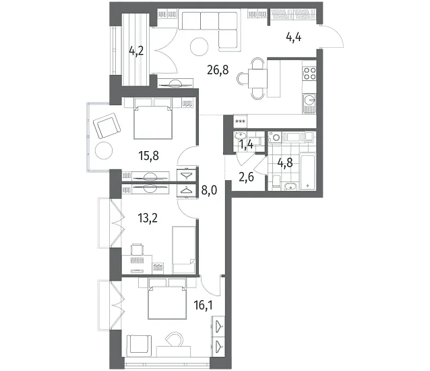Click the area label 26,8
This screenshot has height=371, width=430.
click(218, 70)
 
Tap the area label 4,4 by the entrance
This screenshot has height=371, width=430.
click(294, 37)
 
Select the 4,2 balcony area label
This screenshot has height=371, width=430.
click(136, 51)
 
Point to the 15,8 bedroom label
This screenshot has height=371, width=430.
click(149, 156)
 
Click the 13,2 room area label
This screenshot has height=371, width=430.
click(148, 218)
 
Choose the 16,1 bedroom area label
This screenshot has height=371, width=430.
click(204, 305)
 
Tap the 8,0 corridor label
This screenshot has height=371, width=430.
click(209, 190)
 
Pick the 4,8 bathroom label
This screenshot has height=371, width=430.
click(285, 163)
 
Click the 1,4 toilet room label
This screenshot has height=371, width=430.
click(247, 144)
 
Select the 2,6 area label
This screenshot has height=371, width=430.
click(246, 177)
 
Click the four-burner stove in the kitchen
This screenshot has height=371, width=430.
click(309, 73)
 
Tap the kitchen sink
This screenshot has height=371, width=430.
click(309, 103)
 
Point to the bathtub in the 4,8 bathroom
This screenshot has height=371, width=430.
click(308, 171)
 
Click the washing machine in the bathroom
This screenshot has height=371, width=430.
click(274, 137)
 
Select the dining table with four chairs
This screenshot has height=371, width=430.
click(257, 78)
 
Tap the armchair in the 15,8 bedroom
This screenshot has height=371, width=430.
click(107, 126)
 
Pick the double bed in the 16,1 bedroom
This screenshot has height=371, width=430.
click(166, 299)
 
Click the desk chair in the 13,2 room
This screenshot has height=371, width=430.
click(137, 249)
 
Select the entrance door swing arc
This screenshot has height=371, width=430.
click(332, 36)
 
